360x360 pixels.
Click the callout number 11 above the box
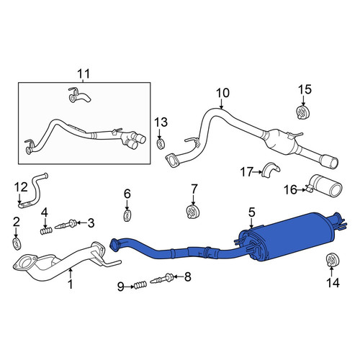pos(84,73)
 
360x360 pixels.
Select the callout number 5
pos(251,212)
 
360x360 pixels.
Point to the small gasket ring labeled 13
pos(161,143)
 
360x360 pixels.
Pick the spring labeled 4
pos(46,231)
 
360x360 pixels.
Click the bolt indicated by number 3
pos(66,225)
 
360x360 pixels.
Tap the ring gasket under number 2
pos(17,243)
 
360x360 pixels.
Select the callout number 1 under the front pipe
pos(70,284)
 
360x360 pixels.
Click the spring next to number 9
pos(140,284)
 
